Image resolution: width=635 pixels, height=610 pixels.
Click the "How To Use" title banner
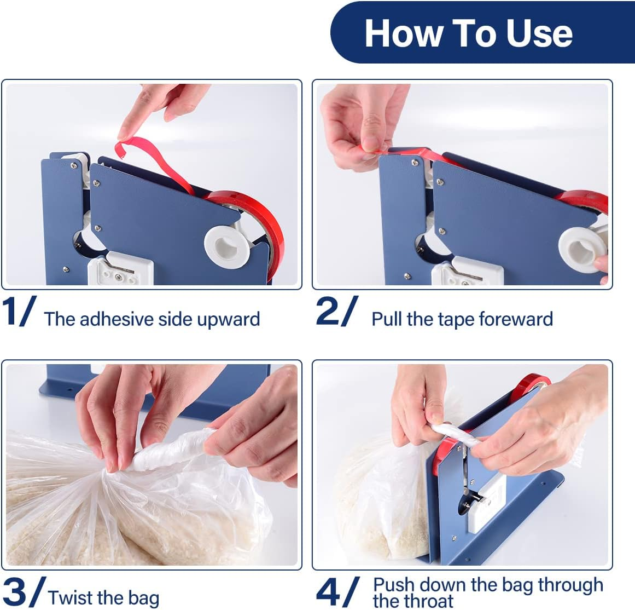pos(482,32)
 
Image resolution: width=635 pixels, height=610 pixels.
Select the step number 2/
pos(337,311)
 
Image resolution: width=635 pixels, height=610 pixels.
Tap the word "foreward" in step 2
pos(516,319)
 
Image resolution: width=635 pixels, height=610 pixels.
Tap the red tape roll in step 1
pos(253,227)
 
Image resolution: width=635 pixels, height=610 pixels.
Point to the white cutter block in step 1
pos(120,269)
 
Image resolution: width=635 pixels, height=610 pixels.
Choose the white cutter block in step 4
pos(486,505)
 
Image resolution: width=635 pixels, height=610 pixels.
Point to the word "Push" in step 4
pos(393,585)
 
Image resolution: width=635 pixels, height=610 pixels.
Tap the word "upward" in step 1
pos(229,320)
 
